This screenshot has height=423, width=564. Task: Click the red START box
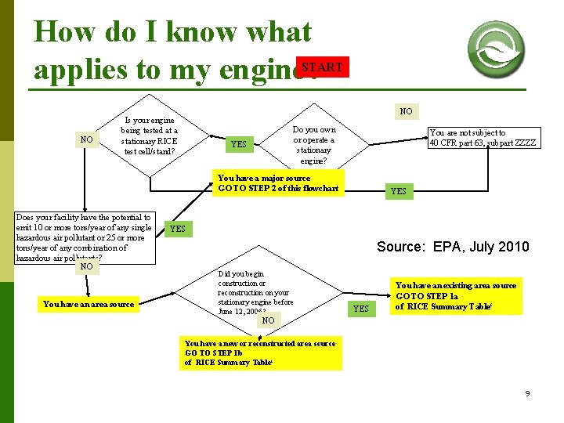click(x=322, y=67)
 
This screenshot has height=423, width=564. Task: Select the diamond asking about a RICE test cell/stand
click(x=150, y=136)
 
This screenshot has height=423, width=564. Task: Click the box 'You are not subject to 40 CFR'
click(x=483, y=138)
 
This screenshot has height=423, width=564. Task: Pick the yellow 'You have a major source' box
click(x=279, y=183)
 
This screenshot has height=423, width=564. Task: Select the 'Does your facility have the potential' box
click(x=85, y=237)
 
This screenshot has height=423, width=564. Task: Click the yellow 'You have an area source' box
click(x=89, y=303)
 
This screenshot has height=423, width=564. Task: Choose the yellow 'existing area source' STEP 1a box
click(x=455, y=296)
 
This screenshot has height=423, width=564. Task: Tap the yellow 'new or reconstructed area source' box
click(x=260, y=353)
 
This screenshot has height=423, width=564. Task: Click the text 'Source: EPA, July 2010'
click(x=453, y=247)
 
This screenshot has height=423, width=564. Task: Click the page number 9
click(x=527, y=393)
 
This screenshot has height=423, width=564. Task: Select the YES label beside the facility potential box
click(x=178, y=229)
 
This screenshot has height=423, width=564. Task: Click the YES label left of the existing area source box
click(x=360, y=309)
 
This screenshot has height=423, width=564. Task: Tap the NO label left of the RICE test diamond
click(x=86, y=140)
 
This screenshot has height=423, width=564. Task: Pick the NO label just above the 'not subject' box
click(x=406, y=111)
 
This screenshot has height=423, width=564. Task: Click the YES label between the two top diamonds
click(x=238, y=144)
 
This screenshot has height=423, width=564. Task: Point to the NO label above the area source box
click(x=86, y=266)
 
